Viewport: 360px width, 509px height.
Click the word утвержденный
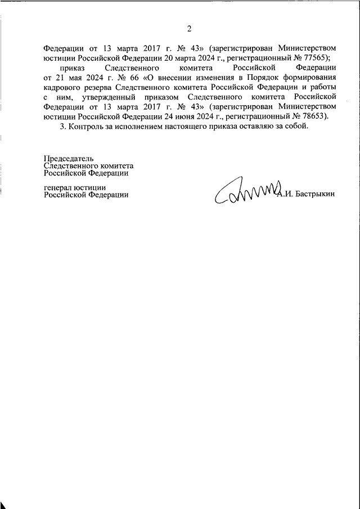coord(105,97)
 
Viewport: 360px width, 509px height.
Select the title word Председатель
coord(69,160)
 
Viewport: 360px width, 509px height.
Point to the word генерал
coord(58,187)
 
